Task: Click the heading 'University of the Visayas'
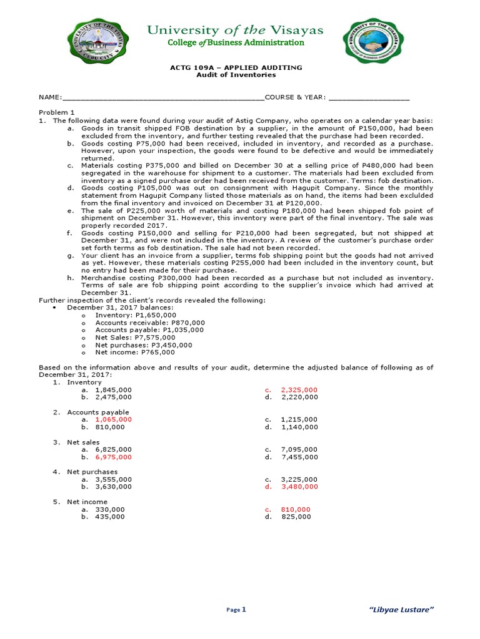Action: point(235,30)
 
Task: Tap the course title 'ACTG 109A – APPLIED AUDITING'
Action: point(236,67)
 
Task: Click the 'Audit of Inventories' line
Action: point(236,75)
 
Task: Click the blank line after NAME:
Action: point(162,98)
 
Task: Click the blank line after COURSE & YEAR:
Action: point(369,98)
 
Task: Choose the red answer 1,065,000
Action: point(113,419)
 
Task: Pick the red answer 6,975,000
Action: point(113,457)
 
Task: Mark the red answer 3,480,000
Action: point(299,487)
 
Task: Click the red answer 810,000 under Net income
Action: point(296,509)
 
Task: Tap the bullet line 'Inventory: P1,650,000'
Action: point(136,315)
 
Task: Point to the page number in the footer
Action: point(244,609)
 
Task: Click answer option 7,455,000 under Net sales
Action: point(299,457)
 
